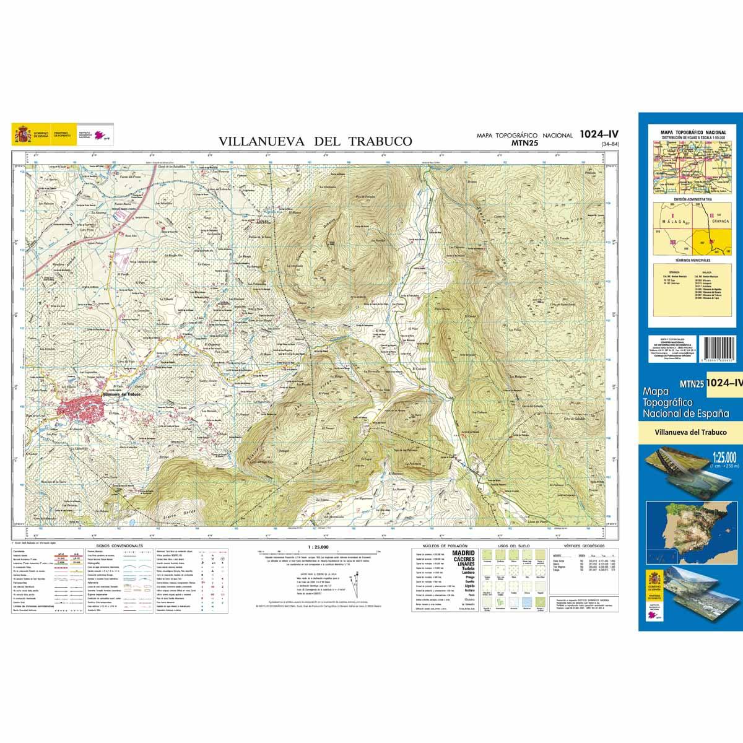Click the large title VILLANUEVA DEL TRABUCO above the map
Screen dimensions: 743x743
pos(315,141)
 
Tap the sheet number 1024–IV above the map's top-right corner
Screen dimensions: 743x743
pos(599,134)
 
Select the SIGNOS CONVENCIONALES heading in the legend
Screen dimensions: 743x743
pos(115,546)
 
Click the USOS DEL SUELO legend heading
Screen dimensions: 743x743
pos(511,546)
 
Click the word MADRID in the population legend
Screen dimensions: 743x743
pos(464,552)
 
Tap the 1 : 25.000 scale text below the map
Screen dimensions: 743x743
pos(318,547)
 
